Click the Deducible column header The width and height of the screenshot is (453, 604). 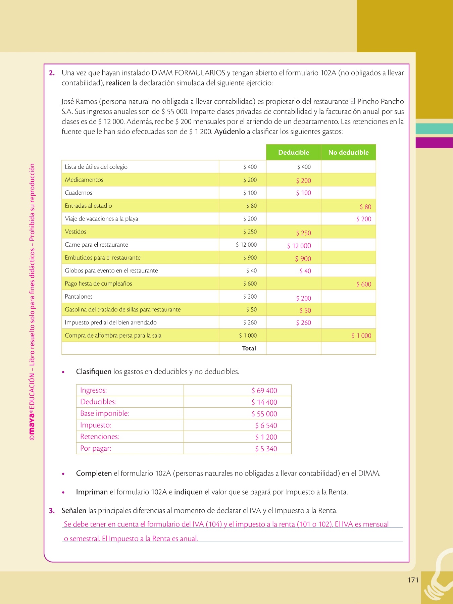coord(294,152)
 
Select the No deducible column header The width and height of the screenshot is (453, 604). coord(348,152)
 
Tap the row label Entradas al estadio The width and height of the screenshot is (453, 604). coord(88,206)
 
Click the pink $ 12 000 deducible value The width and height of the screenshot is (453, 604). coord(299,246)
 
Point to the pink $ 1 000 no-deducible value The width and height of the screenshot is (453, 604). coord(361,336)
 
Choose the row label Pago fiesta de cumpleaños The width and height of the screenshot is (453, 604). coord(98,284)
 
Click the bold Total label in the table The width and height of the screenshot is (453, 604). coord(249,348)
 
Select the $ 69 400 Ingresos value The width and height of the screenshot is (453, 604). coord(264,391)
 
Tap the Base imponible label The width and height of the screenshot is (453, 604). coord(104,413)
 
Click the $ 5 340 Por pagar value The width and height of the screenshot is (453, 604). coord(266,449)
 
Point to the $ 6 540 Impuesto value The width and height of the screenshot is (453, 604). coord(266,425)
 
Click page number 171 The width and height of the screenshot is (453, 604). coord(413,580)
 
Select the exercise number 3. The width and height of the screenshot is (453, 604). coord(52,511)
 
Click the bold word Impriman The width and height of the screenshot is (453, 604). coord(92,492)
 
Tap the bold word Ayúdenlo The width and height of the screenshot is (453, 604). coord(230,132)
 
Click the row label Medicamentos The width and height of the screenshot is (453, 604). coord(84,180)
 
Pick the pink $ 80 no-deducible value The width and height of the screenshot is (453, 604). coord(365,207)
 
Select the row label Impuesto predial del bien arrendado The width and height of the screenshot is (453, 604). coord(111,322)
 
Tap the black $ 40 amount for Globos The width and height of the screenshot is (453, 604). coord(251,270)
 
